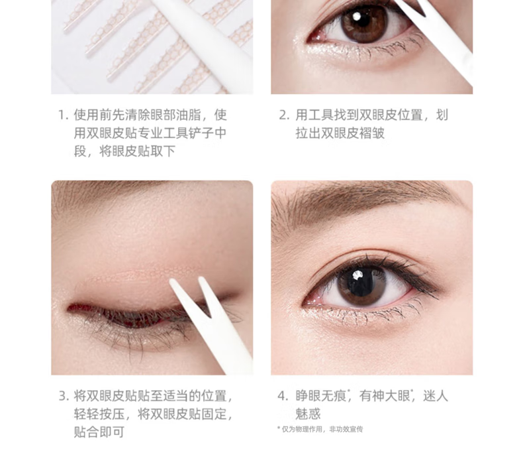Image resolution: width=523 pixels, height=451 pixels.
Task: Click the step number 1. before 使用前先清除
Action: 64,115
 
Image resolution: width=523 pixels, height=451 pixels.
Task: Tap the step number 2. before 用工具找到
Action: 285,115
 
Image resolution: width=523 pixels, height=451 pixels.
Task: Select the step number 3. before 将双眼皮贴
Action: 64,396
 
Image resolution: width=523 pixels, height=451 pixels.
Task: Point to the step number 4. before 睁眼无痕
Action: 283,396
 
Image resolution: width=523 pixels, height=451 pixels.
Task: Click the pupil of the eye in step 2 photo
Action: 364,22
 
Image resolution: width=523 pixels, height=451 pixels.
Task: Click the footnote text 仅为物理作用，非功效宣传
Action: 322,429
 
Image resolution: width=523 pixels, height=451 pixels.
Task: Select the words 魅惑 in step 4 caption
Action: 308,414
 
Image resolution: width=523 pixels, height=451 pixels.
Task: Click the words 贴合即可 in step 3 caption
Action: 99,432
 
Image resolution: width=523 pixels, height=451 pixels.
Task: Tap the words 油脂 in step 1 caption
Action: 189,115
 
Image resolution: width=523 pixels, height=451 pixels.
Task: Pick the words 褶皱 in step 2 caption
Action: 372,133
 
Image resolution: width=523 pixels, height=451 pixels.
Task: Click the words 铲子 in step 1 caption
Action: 189,133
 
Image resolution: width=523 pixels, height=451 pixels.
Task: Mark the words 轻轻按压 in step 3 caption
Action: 99,414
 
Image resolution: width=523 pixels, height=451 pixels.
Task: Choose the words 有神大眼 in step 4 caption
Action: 385,396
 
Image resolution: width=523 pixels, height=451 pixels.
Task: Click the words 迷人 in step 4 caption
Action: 435,396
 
